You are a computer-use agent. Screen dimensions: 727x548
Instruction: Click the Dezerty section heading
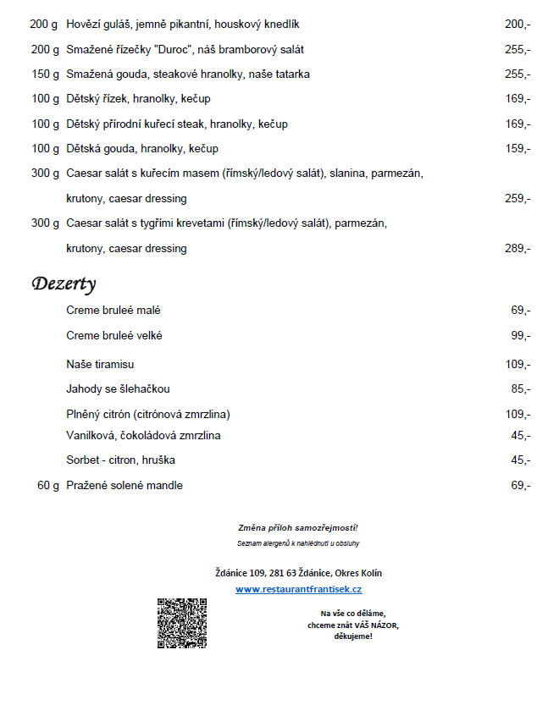point(64,284)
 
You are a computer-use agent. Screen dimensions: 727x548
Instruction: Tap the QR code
point(182,623)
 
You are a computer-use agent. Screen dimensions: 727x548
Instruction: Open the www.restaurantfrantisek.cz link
point(298,589)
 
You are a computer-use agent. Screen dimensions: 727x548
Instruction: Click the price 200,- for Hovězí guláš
point(518,25)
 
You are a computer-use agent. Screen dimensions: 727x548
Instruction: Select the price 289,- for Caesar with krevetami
point(518,249)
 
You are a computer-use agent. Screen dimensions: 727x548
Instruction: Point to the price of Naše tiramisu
point(518,365)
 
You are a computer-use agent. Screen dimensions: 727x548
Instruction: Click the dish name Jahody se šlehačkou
point(118,389)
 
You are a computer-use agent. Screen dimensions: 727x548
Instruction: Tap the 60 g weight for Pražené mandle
point(48,486)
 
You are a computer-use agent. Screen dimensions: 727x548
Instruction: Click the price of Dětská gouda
point(518,149)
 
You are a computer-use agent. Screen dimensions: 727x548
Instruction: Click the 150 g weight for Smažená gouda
point(45,74)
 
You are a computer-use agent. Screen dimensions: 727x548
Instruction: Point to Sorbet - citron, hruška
point(120,460)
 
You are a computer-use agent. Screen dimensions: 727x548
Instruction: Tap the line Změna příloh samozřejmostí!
point(298,527)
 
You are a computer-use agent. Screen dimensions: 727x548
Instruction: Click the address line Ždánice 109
point(298,573)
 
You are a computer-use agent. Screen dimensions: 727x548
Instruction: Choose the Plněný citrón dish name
point(148,415)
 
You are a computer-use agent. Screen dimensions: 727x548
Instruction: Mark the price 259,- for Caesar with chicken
point(518,199)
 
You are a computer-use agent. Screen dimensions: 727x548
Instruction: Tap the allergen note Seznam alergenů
point(298,542)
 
